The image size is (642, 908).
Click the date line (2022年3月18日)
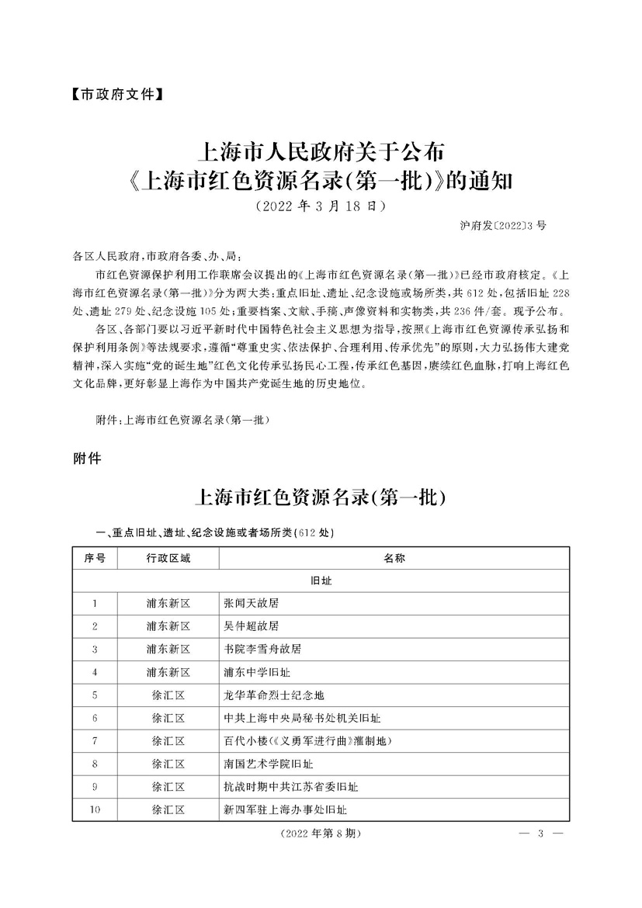pyautogui.click(x=320, y=207)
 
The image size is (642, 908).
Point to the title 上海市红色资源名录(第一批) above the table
pyautogui.click(x=321, y=497)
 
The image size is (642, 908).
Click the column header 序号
pyautogui.click(x=94, y=558)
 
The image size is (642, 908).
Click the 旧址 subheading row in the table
pyautogui.click(x=321, y=580)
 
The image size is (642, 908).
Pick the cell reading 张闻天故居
pyautogui.click(x=250, y=603)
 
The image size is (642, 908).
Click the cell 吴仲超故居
pyautogui.click(x=250, y=626)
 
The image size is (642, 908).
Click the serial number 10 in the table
pyautogui.click(x=94, y=809)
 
